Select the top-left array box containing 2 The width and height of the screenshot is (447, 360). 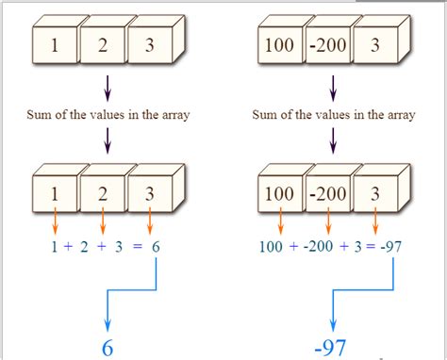pyautogui.click(x=101, y=44)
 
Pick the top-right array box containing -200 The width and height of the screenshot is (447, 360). pyautogui.click(x=327, y=44)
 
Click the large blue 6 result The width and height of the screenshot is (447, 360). pyautogui.click(x=107, y=347)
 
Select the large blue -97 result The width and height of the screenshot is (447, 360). pyautogui.click(x=331, y=347)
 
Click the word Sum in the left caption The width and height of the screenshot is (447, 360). pyautogui.click(x=41, y=116)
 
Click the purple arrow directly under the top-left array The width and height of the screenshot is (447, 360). pyautogui.click(x=101, y=88)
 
